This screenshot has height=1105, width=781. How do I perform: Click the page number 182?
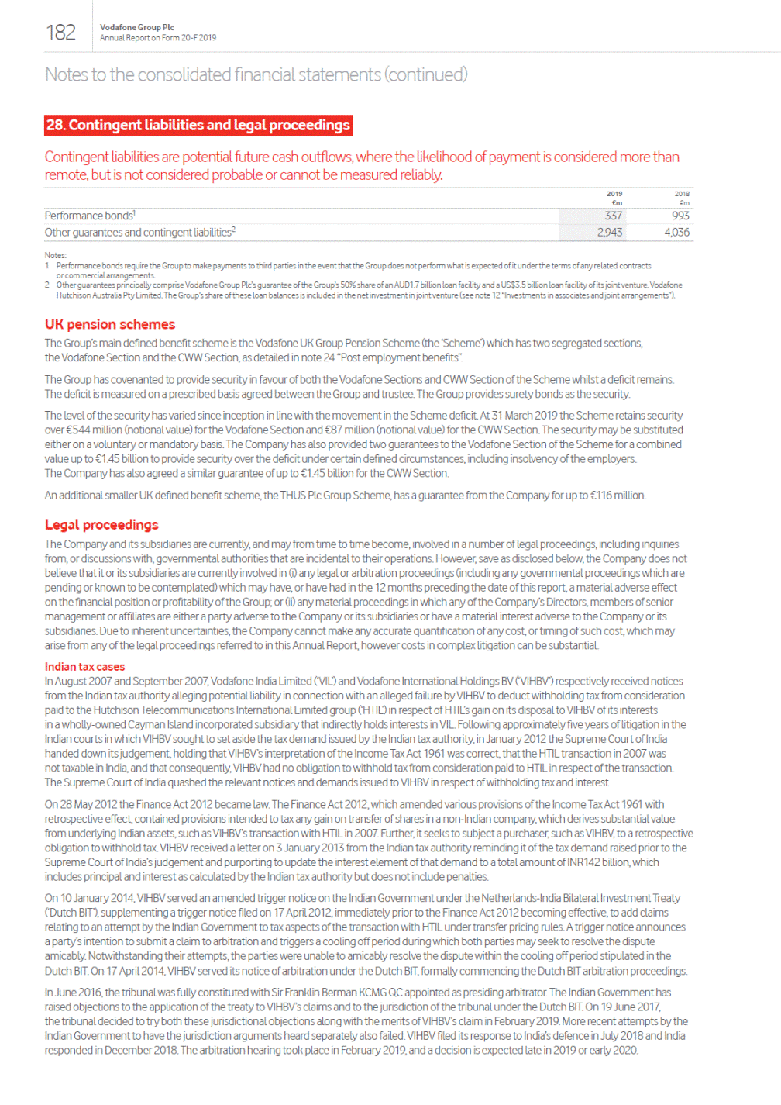60,33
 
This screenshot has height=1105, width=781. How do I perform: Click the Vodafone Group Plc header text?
137,27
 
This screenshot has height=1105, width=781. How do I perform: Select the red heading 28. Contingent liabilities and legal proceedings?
198,126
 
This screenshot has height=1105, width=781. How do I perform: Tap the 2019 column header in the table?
614,194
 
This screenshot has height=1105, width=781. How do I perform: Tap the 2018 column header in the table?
682,194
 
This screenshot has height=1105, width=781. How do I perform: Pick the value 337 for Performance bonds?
613,216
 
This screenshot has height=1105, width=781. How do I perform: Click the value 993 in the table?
680,216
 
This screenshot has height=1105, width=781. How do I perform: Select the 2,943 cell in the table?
610,232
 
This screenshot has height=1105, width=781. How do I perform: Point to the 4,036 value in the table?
676,232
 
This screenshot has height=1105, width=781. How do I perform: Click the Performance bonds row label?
90,216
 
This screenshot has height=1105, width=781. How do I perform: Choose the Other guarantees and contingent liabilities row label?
139,232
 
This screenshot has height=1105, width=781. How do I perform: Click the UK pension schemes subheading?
110,324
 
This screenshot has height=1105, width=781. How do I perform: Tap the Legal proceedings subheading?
101,525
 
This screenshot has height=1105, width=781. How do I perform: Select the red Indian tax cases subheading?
84,667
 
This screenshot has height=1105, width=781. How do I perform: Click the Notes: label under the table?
56,255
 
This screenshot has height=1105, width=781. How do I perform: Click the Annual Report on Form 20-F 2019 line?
158,38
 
